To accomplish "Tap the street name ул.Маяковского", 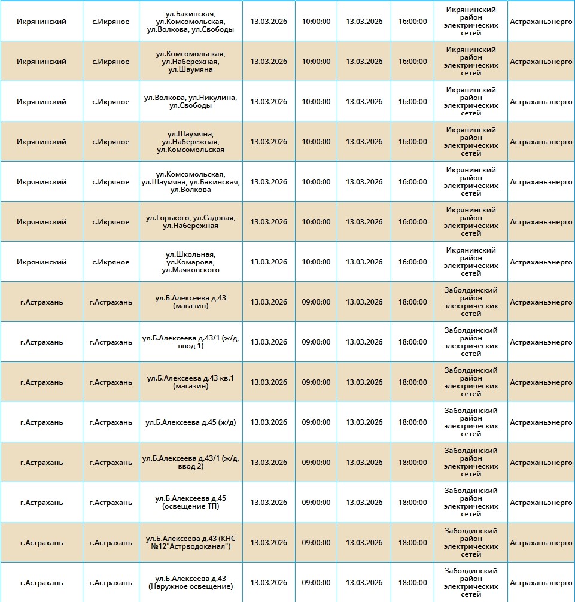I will [x=190, y=270].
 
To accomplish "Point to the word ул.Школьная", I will [x=190, y=254].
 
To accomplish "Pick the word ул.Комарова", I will [x=190, y=262].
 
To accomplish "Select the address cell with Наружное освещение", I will [x=190, y=583].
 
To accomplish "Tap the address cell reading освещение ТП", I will [x=190, y=503].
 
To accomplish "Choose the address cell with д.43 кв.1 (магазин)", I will [x=190, y=382].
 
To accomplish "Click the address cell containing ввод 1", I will [x=190, y=342].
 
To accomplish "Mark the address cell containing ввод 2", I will [x=190, y=463].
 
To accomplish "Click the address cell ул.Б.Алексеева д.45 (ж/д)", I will [x=190, y=422].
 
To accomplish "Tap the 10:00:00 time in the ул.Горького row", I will [x=316, y=222].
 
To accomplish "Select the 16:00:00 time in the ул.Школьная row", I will [x=413, y=262].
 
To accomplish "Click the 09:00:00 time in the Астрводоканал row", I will [x=316, y=543].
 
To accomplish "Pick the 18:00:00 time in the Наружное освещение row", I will [x=413, y=583].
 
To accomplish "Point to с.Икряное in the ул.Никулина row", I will [x=111, y=102].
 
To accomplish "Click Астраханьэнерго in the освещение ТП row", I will [x=541, y=503].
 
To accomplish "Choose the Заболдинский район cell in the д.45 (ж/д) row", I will [x=471, y=422].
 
